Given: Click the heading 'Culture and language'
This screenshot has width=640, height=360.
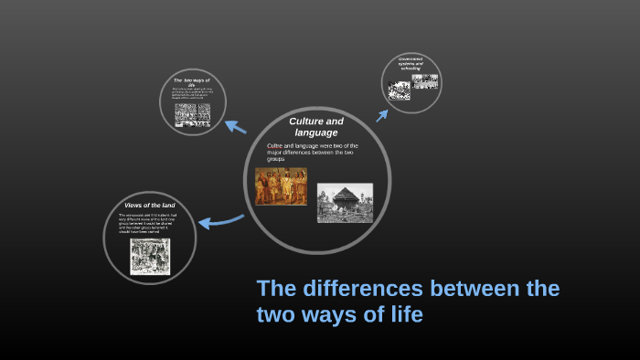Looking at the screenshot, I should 316,127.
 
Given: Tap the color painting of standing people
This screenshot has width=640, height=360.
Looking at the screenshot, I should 281,185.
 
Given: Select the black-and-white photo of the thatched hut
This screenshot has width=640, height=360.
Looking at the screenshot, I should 345,203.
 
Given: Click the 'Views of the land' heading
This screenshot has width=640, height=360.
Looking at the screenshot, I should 150,205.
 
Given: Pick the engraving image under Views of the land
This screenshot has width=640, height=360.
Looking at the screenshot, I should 150,257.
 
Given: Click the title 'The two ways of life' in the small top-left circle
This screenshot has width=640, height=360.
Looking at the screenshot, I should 192,83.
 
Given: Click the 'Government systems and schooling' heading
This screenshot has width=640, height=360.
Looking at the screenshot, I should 411,63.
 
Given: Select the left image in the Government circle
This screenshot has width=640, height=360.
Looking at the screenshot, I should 399,90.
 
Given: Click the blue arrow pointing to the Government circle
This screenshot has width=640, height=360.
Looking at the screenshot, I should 382,115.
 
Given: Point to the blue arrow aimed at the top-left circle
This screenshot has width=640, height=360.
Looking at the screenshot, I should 236,127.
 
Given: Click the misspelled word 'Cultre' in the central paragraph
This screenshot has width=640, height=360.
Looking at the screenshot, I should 277,145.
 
